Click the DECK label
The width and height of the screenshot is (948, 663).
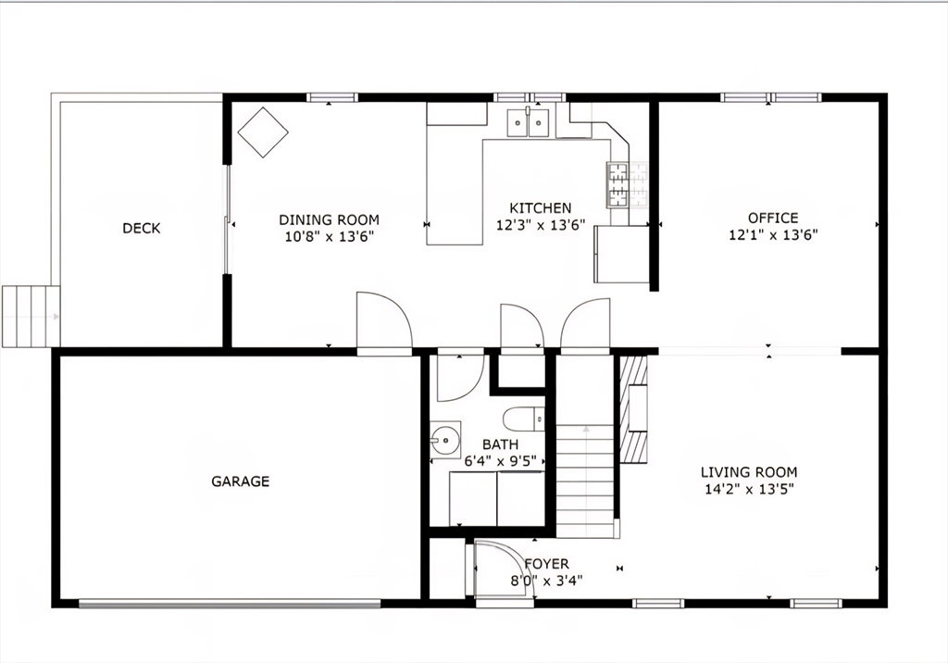pos(142,228)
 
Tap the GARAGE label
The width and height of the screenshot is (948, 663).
pos(240,482)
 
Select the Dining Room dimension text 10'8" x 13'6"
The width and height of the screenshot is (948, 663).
pos(330,236)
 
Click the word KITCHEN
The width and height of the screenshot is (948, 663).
pos(541,208)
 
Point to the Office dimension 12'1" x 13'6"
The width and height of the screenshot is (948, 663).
pos(773,234)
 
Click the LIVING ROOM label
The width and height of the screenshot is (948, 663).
pos(749,472)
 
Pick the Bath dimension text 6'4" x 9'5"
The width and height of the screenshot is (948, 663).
pos(501,461)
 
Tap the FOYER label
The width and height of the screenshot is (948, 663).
pos(546,564)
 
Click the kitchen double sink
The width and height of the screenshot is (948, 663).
pos(528,123)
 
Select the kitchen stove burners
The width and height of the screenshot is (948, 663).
pos(618,185)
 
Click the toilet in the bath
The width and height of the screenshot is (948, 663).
pos(524,418)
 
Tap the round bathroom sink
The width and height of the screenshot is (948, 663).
pos(445,438)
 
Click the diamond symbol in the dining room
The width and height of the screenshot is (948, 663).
pos(263,132)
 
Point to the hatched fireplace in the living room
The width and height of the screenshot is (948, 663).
pos(634,408)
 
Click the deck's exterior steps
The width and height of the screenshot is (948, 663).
pos(31,317)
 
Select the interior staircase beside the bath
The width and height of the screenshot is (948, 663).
pos(585,481)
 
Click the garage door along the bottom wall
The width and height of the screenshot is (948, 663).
pos(230,603)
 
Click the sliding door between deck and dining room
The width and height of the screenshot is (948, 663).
pos(228,219)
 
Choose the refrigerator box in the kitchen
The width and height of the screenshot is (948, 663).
pos(622,254)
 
